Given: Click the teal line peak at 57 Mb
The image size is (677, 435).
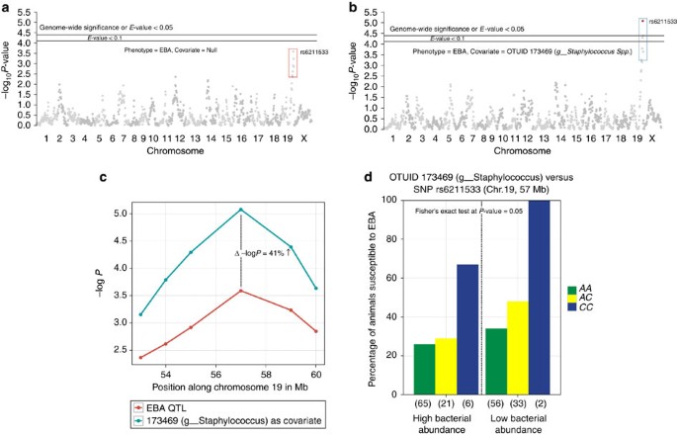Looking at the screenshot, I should pos(241,210).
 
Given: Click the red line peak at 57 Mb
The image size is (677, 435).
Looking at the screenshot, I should pos(241,291).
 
